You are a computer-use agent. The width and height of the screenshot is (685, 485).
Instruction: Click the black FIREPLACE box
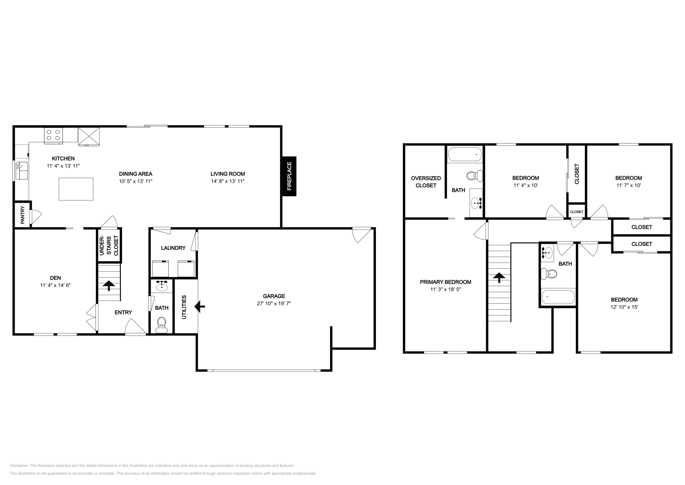[x=289, y=176]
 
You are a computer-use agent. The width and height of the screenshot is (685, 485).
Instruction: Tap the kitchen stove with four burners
[x=54, y=135]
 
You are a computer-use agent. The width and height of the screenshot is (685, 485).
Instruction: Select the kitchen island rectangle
[x=76, y=189]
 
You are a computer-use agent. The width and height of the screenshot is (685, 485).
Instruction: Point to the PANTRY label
[x=22, y=216]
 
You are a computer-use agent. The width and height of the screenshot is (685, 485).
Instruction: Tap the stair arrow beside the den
[x=109, y=285]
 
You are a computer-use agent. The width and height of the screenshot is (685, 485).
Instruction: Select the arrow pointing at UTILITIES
[x=200, y=306]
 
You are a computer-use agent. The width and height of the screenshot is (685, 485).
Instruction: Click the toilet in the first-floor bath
[x=161, y=324]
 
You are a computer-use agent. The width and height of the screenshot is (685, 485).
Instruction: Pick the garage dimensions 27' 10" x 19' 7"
[x=274, y=303]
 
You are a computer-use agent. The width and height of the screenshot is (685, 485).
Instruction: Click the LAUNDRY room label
[x=173, y=248]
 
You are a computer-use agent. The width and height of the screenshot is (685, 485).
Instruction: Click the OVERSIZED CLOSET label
[x=426, y=182]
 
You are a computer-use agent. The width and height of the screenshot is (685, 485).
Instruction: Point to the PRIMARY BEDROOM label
[x=445, y=282]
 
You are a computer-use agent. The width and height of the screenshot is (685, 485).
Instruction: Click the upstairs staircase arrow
[x=498, y=278]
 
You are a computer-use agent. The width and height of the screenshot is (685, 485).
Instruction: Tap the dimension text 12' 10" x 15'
[x=624, y=307]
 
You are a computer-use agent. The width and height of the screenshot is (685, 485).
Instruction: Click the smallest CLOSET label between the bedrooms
[x=576, y=212]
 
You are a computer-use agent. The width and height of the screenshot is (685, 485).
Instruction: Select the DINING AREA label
[x=135, y=174]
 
